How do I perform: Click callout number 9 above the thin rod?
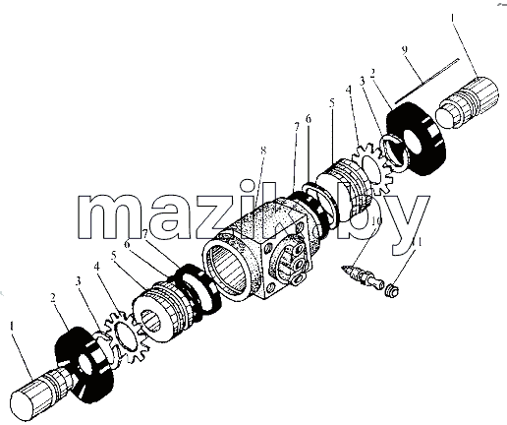tap(405, 49)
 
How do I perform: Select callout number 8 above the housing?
tap(263, 151)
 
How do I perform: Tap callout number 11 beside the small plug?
tap(417, 243)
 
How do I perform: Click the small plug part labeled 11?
tap(392, 290)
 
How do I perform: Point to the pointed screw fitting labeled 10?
tap(363, 277)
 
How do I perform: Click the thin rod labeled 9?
tap(426, 81)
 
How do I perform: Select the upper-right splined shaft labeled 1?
tap(467, 101)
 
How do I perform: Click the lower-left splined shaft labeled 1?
tap(41, 395)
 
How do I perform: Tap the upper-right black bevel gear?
tap(416, 139)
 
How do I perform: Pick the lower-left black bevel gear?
tap(84, 365)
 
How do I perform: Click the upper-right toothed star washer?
tap(373, 167)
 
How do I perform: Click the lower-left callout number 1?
tap(12, 327)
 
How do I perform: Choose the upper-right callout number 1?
tap(453, 18)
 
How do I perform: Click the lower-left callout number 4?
tap(96, 267)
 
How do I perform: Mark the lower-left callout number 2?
tap(53, 297)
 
